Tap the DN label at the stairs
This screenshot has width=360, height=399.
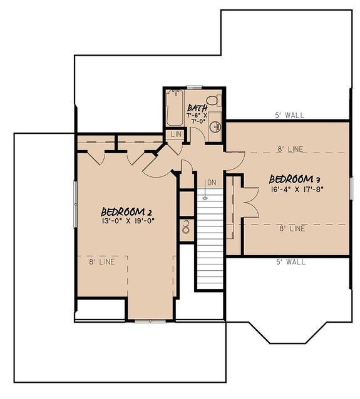tap(212, 182)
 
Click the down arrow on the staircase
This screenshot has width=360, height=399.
tap(205, 196)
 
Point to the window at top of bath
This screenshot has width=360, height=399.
tap(195, 86)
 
